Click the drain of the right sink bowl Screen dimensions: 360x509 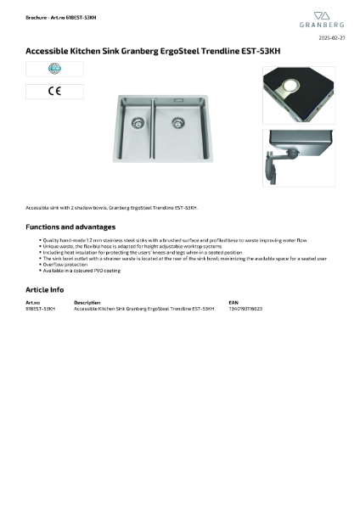(x=179, y=120)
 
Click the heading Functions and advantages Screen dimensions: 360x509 (x=70, y=227)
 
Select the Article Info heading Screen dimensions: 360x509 (x=44, y=290)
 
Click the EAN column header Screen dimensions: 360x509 (x=233, y=302)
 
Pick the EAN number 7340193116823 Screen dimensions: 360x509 (x=245, y=309)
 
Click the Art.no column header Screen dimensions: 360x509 (x=33, y=302)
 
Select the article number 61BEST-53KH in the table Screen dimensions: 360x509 (x=41, y=309)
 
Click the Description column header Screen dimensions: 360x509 (x=87, y=302)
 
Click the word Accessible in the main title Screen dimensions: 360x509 (x=46, y=51)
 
